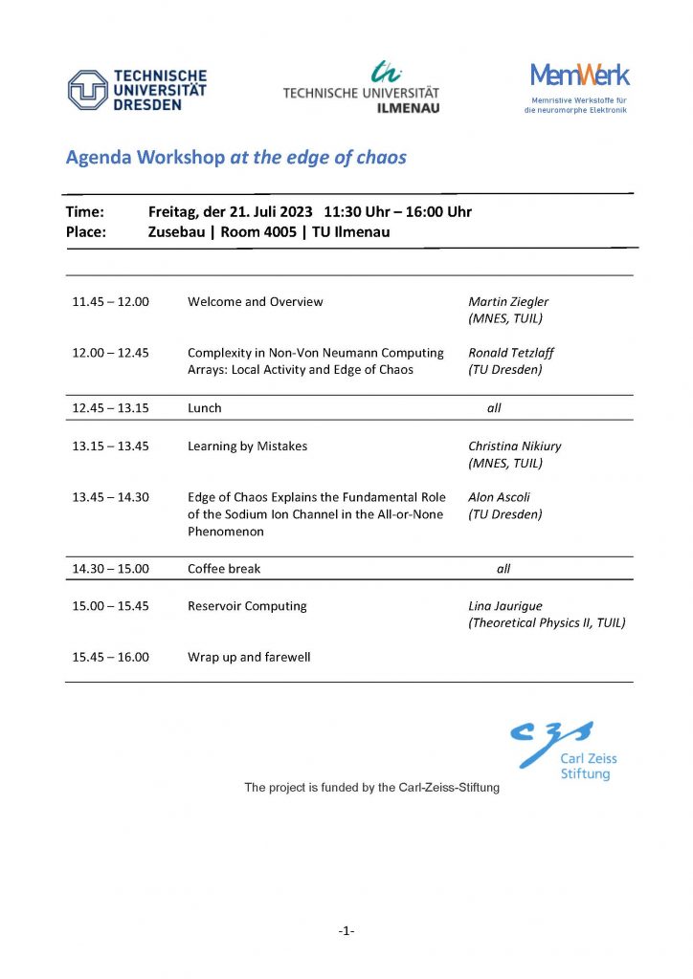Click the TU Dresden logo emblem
87,90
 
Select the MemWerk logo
580,76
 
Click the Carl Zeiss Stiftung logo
567,751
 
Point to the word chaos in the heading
381,158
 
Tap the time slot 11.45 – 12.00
110,302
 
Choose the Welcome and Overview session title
256,302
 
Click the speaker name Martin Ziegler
508,302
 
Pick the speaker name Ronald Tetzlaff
511,353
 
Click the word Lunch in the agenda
205,408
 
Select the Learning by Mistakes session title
248,446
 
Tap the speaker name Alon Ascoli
499,497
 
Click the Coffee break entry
224,569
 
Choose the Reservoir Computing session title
247,606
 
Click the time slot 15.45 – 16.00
110,657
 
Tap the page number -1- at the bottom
346,930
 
